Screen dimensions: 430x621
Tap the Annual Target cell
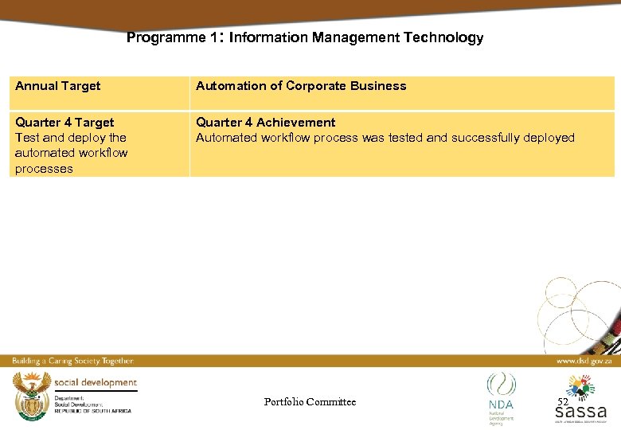[x=57, y=86]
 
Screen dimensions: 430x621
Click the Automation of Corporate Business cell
[x=301, y=86]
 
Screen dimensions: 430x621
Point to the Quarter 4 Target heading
[x=64, y=123]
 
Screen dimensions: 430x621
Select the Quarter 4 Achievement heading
[x=266, y=123]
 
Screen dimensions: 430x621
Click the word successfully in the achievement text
[x=485, y=138]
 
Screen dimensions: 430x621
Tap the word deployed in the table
[x=549, y=138]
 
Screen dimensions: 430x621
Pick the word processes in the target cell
[x=44, y=169]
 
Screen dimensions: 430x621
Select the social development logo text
[x=96, y=382]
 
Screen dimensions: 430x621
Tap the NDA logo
[x=501, y=394]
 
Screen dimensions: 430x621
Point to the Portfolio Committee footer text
[x=310, y=402]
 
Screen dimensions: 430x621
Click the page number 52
[x=563, y=402]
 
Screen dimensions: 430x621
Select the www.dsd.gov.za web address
[x=584, y=361]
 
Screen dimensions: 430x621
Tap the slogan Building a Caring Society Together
[x=72, y=361]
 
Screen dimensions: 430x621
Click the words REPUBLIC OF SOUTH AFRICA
[x=93, y=410]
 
